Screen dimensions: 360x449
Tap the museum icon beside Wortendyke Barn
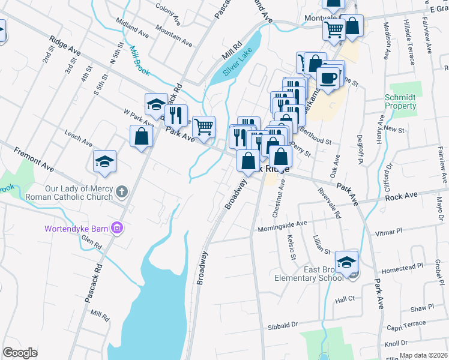(118, 228)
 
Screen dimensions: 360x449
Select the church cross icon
(121, 193)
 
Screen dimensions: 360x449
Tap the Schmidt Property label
(400, 101)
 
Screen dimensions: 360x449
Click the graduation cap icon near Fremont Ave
(104, 161)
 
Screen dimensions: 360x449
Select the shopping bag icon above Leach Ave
(141, 136)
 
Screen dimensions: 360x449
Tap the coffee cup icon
(328, 78)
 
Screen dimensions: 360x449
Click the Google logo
(20, 353)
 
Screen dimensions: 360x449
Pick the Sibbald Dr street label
(281, 325)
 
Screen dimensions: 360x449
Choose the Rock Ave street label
(402, 196)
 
